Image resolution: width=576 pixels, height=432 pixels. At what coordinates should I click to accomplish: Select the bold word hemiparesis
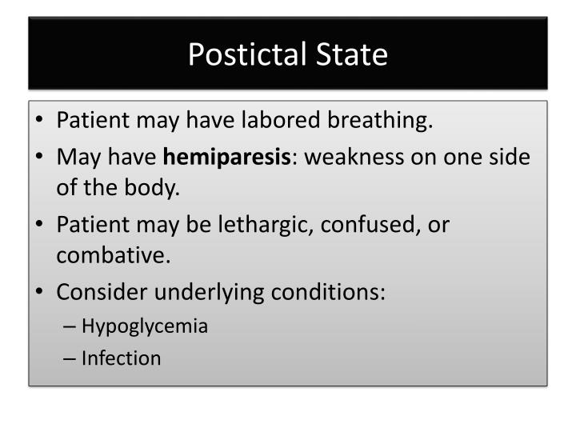pyautogui.click(x=226, y=156)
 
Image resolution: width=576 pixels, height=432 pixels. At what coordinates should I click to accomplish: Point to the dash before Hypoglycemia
pyautogui.click(x=70, y=326)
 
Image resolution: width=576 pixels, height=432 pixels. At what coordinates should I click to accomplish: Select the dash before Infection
pyautogui.click(x=70, y=358)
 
